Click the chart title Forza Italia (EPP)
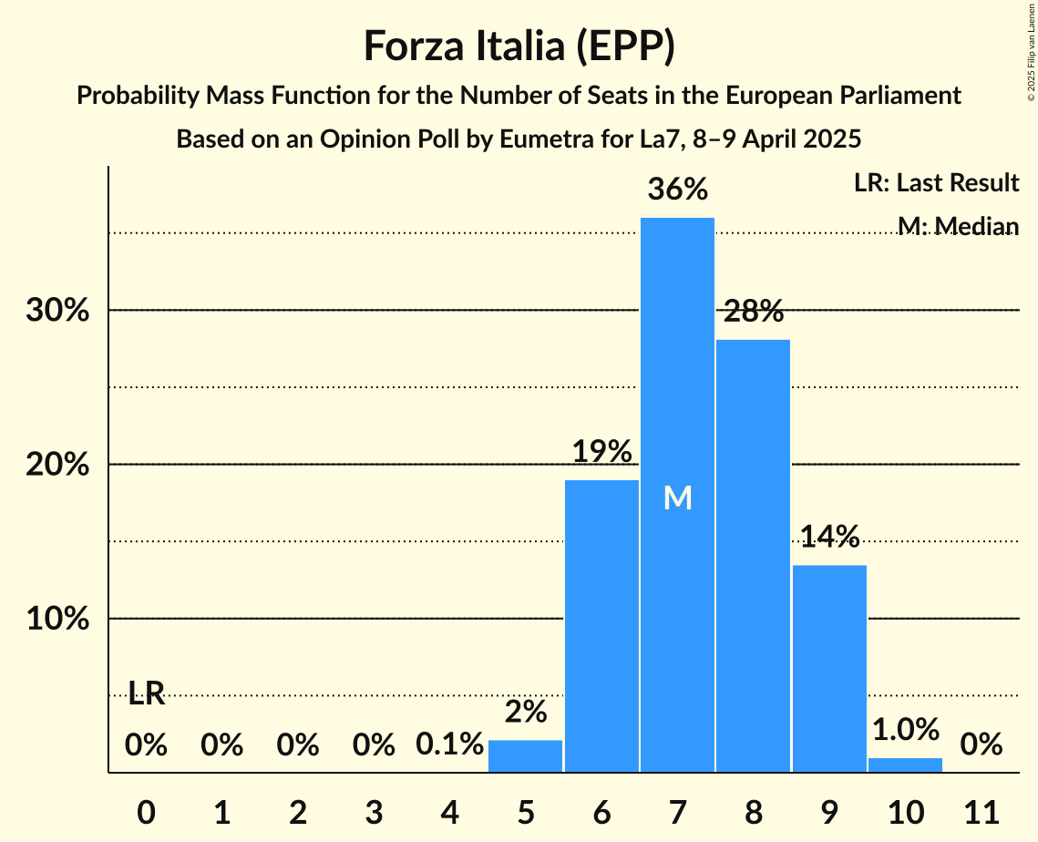coord(519,46)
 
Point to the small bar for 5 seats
coord(525,756)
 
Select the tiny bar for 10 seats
coord(905,765)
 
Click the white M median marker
coord(677,498)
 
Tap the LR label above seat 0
coord(146,693)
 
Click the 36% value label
coord(677,190)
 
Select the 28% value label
coord(754,312)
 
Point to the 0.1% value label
coord(449,744)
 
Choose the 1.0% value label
coord(905,729)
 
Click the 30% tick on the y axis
coord(57,311)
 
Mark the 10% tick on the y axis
coord(57,620)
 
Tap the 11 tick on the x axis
coord(981,809)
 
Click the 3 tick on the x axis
coord(374,809)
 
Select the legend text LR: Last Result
coord(936,183)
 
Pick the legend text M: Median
coord(957,225)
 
